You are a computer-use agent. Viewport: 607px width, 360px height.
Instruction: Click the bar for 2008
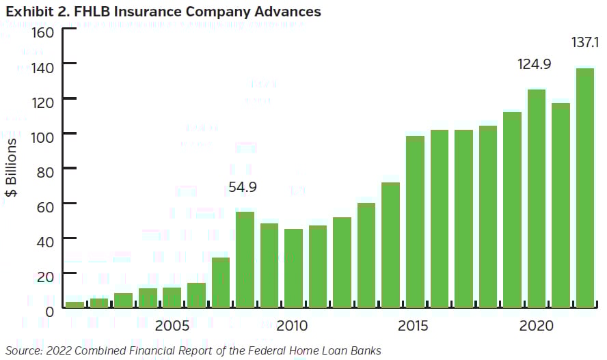tap(245, 260)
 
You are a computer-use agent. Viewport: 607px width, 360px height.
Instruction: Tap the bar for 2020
tap(537, 199)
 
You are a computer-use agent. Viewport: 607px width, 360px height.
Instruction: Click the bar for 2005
tap(172, 298)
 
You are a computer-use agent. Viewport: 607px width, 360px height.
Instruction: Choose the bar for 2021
tap(561, 206)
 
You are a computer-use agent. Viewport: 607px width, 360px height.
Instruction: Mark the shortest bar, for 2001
tap(75, 305)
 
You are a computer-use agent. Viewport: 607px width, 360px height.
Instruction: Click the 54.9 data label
tap(243, 186)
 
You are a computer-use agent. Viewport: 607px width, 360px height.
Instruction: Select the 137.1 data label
tap(586, 43)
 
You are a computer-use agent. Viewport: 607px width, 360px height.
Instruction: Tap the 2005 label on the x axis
tap(172, 326)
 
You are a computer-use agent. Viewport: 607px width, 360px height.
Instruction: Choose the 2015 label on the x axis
tap(415, 326)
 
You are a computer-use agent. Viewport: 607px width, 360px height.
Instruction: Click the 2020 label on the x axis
tap(537, 326)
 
